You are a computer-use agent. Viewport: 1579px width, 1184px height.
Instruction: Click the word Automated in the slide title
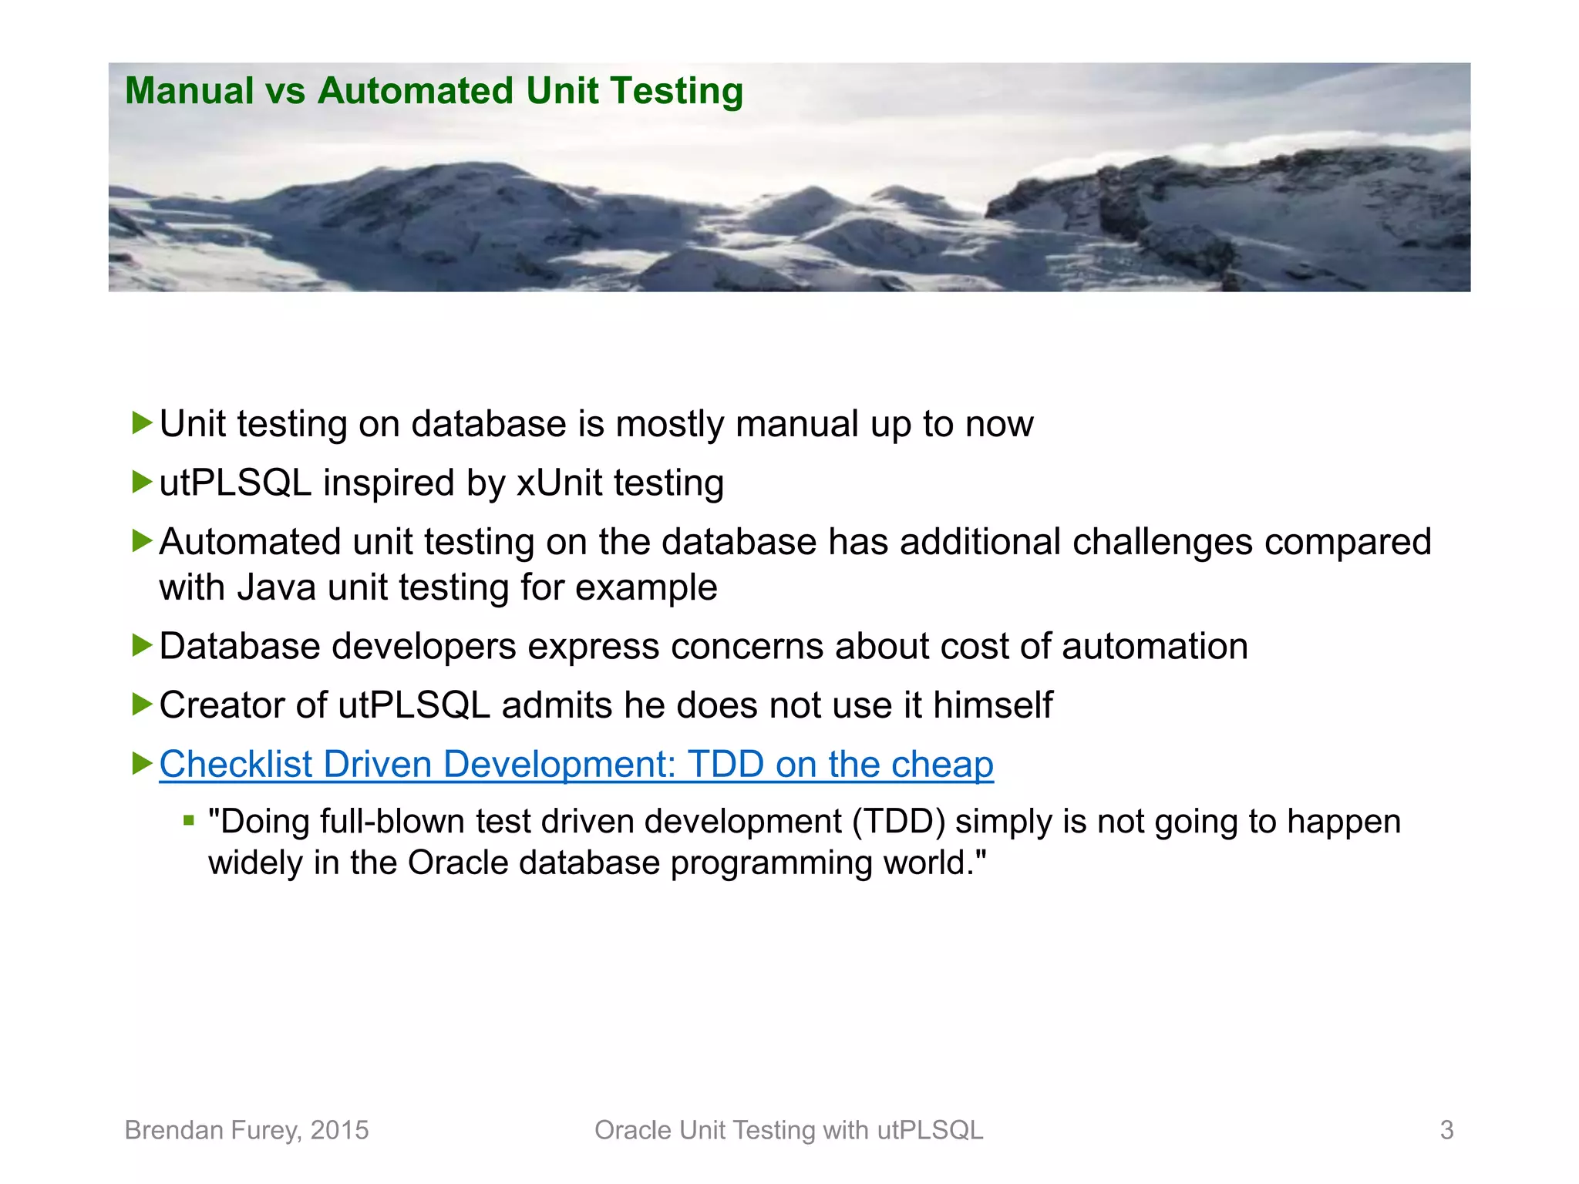(415, 91)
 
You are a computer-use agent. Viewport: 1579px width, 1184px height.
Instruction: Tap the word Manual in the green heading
(189, 91)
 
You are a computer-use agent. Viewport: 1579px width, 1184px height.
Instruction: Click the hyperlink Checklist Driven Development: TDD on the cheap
(576, 765)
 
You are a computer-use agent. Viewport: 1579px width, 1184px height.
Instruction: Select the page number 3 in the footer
(1446, 1130)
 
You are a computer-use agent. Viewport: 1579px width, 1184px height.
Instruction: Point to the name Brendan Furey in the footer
(211, 1130)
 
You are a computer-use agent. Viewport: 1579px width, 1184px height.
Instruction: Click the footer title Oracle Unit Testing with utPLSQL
(789, 1130)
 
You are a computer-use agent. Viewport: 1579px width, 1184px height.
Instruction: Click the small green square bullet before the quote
(189, 820)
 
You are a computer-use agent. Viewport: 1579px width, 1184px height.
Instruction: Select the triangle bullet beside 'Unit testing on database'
(142, 422)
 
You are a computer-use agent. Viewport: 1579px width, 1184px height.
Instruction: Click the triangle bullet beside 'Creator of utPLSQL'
(142, 704)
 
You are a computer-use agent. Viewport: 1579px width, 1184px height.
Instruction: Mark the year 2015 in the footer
(339, 1130)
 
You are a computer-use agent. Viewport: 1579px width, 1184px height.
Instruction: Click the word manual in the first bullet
(797, 424)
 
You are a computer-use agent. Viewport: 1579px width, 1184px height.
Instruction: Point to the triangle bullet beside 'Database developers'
(142, 644)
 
